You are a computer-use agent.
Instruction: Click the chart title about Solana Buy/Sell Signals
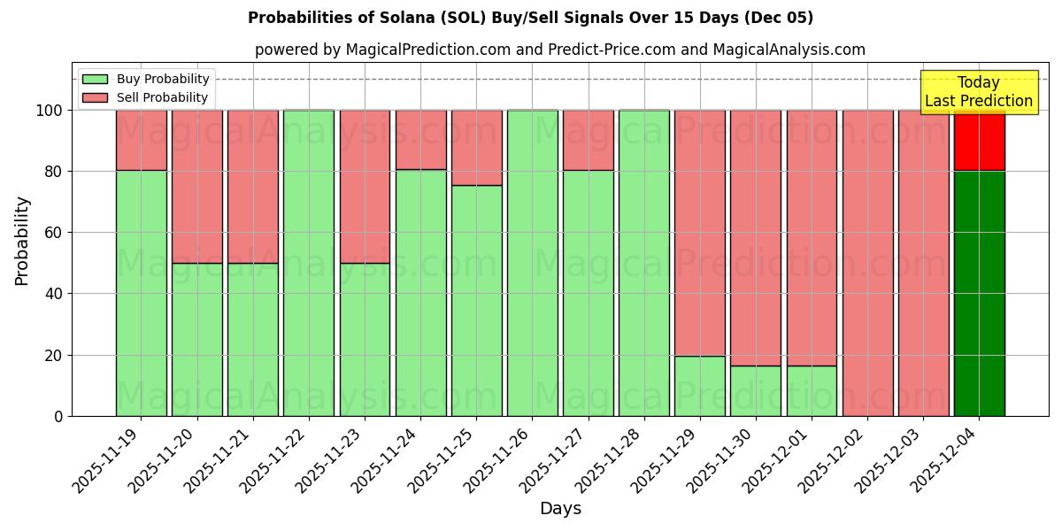click(530, 18)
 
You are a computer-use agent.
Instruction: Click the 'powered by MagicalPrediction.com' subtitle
click(559, 50)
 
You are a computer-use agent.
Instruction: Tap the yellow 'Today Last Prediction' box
click(978, 92)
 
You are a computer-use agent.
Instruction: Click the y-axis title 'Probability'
click(22, 240)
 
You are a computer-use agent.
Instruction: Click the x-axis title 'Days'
click(560, 509)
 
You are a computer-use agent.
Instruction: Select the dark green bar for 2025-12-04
click(979, 293)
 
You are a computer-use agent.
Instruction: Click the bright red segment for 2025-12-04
click(979, 140)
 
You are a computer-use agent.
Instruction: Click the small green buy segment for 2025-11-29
click(699, 386)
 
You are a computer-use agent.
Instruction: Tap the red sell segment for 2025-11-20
click(196, 186)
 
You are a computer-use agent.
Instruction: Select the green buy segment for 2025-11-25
click(476, 301)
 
